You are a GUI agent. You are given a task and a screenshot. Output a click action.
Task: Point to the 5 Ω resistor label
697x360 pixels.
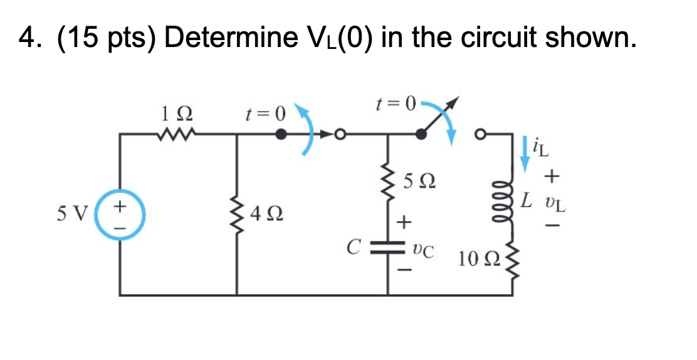click(417, 184)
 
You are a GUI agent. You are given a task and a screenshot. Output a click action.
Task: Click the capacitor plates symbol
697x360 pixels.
click(389, 250)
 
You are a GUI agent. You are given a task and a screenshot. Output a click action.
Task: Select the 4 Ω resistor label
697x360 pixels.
click(264, 216)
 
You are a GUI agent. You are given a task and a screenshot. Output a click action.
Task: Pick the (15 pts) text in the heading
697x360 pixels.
click(107, 39)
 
